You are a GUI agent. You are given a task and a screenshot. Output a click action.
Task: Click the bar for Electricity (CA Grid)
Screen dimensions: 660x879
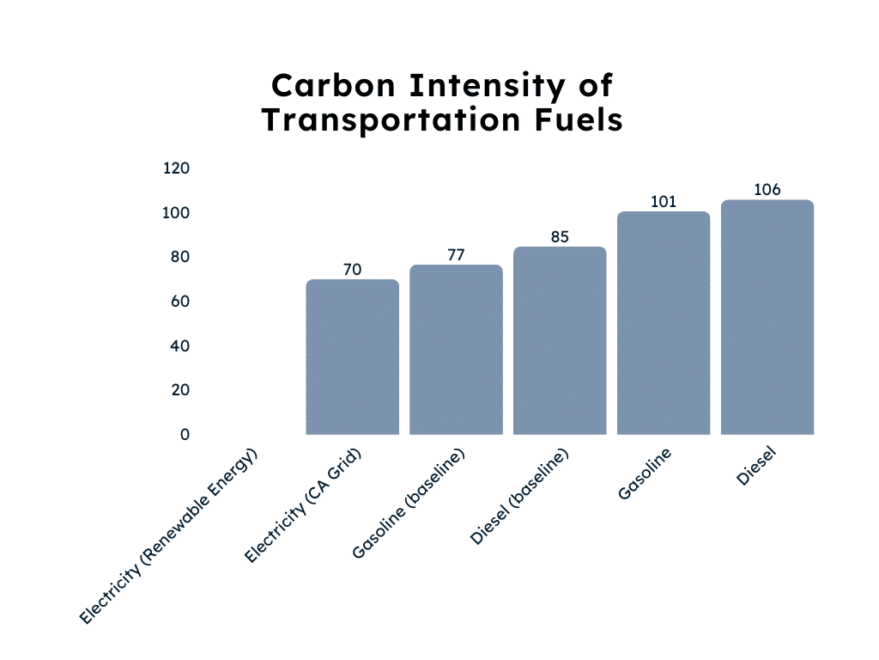[x=353, y=357]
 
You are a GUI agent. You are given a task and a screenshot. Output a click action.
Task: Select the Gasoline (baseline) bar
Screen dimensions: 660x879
[x=456, y=350]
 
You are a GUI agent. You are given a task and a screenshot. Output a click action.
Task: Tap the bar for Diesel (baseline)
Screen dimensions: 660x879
[x=560, y=340]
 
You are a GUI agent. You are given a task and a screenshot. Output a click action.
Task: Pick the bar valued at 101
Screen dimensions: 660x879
[x=664, y=323]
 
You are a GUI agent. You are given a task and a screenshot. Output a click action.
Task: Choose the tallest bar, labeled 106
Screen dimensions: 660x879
[x=767, y=317]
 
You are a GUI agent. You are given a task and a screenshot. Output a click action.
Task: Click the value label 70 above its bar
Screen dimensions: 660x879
[x=353, y=270]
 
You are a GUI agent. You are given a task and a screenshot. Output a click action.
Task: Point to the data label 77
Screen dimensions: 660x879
[x=456, y=254]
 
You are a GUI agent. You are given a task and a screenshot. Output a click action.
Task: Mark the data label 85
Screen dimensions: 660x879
[x=560, y=236]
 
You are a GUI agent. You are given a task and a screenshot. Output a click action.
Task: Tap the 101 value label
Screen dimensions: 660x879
[x=664, y=202]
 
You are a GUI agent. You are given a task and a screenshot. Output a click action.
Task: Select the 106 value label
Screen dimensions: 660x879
[x=767, y=190]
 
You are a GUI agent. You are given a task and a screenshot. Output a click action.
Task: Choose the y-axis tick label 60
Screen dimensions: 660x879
[x=179, y=302]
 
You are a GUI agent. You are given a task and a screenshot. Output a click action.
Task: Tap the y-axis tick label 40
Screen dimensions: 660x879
[x=179, y=346]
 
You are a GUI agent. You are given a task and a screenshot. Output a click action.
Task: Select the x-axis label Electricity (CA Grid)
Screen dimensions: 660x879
[x=302, y=506]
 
